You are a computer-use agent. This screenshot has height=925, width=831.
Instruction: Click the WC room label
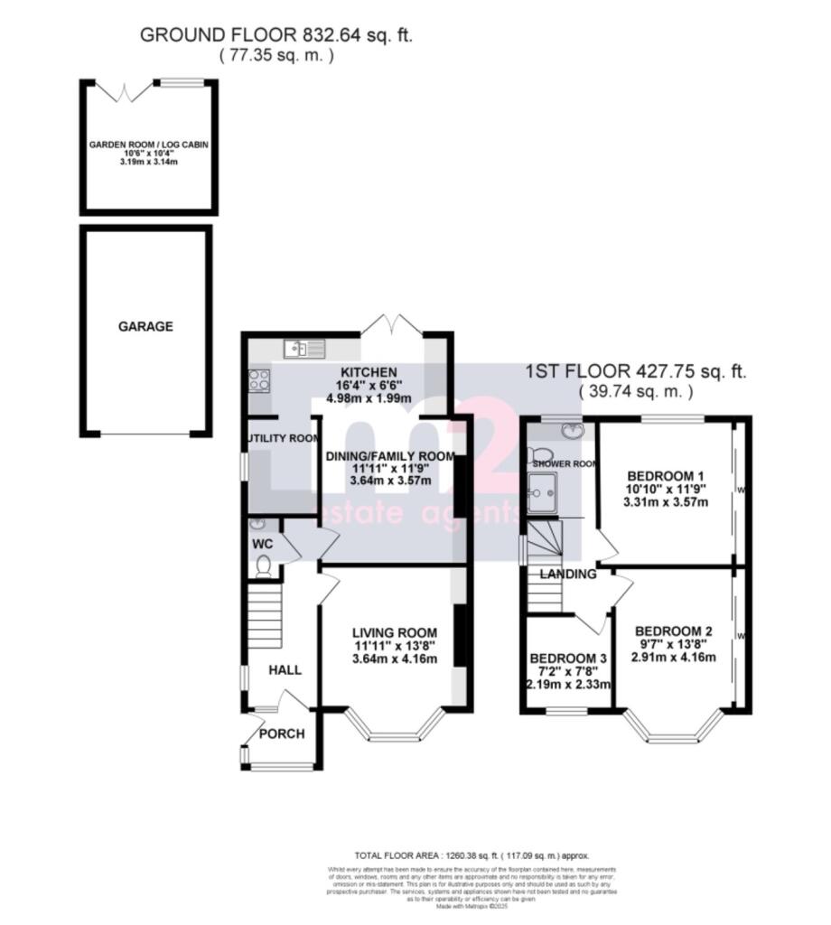pyautogui.click(x=263, y=545)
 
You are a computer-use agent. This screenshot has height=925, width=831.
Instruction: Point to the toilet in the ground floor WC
pyautogui.click(x=263, y=565)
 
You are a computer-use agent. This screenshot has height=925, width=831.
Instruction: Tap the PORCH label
pyautogui.click(x=282, y=733)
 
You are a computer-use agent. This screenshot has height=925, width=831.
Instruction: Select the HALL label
pyautogui.click(x=285, y=670)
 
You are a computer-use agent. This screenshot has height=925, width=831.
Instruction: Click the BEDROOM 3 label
pyautogui.click(x=568, y=659)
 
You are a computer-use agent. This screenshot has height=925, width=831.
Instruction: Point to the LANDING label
pyautogui.click(x=568, y=574)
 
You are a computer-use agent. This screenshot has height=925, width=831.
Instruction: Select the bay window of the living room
pyautogui.click(x=395, y=724)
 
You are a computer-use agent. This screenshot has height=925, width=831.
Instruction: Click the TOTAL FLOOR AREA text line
pyautogui.click(x=472, y=855)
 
